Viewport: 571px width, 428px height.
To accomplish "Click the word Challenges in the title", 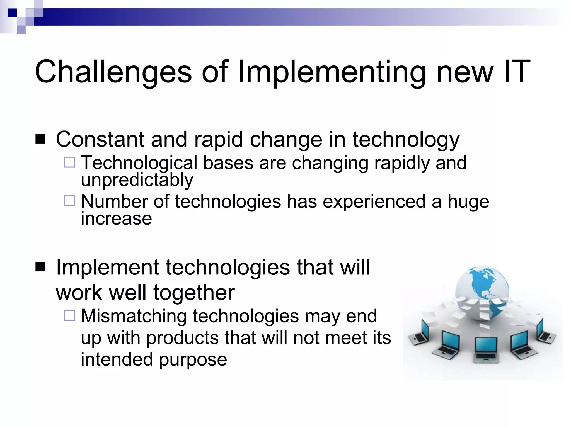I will (113, 72).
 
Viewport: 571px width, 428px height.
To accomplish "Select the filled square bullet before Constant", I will (41, 139).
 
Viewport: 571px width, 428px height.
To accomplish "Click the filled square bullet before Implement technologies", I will (41, 267).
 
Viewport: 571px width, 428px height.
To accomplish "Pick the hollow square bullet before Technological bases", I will (69, 162).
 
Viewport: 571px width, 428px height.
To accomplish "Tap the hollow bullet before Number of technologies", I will (69, 201).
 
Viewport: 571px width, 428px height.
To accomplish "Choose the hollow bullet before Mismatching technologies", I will (69, 315).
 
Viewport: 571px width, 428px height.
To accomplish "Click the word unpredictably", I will (137, 180).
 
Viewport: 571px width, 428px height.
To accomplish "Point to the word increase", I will (116, 218).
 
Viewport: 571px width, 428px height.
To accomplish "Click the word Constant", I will (100, 139).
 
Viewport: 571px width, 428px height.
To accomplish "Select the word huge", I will (468, 201).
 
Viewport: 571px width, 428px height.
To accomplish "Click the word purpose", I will (193, 359).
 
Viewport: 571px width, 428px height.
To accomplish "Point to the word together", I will (194, 293).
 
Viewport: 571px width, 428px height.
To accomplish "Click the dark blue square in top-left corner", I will (13, 13).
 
